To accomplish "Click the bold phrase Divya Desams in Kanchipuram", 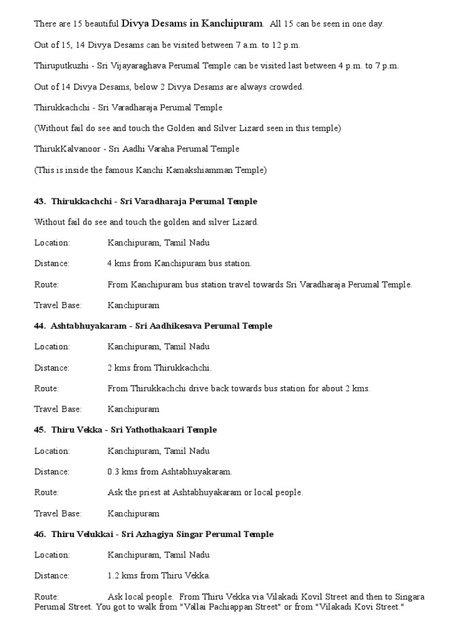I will (x=192, y=24).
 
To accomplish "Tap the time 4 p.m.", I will (x=345, y=66).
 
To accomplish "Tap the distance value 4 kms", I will (x=118, y=264).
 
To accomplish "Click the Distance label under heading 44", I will (x=52, y=368).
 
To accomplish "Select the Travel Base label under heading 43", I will (x=58, y=305).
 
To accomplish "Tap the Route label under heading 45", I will (x=46, y=492).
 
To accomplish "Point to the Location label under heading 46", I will (x=52, y=555).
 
